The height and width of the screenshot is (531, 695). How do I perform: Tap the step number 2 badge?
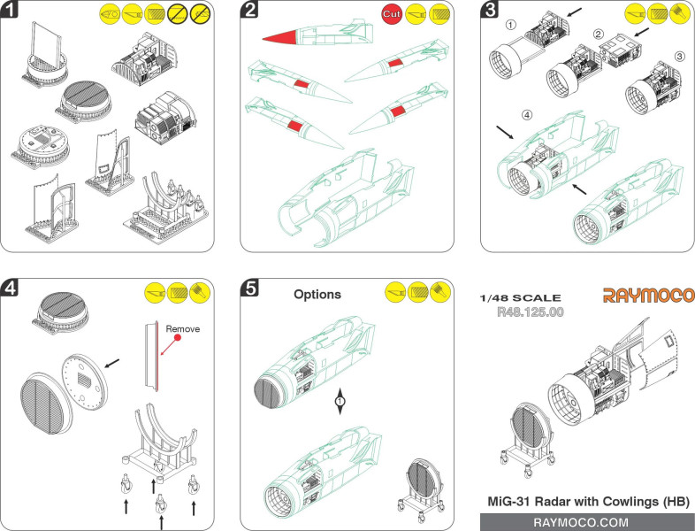pyautogui.click(x=250, y=11)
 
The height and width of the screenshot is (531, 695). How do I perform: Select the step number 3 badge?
pyautogui.click(x=490, y=11)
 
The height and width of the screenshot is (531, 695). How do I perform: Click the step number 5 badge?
pyautogui.click(x=250, y=289)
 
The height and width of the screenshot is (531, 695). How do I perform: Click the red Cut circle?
pyautogui.click(x=393, y=14)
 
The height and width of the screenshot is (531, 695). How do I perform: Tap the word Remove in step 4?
pyautogui.click(x=183, y=328)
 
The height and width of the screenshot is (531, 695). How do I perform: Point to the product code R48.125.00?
pyautogui.click(x=531, y=312)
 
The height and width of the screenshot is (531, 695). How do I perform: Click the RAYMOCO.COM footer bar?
pyautogui.click(x=588, y=522)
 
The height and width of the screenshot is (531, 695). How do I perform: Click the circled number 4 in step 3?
pyautogui.click(x=528, y=116)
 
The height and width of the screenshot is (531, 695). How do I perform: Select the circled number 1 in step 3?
pyautogui.click(x=510, y=25)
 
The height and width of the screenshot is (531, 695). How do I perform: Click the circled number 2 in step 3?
pyautogui.click(x=599, y=35)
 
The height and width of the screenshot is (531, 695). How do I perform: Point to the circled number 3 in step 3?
pyautogui.click(x=679, y=56)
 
